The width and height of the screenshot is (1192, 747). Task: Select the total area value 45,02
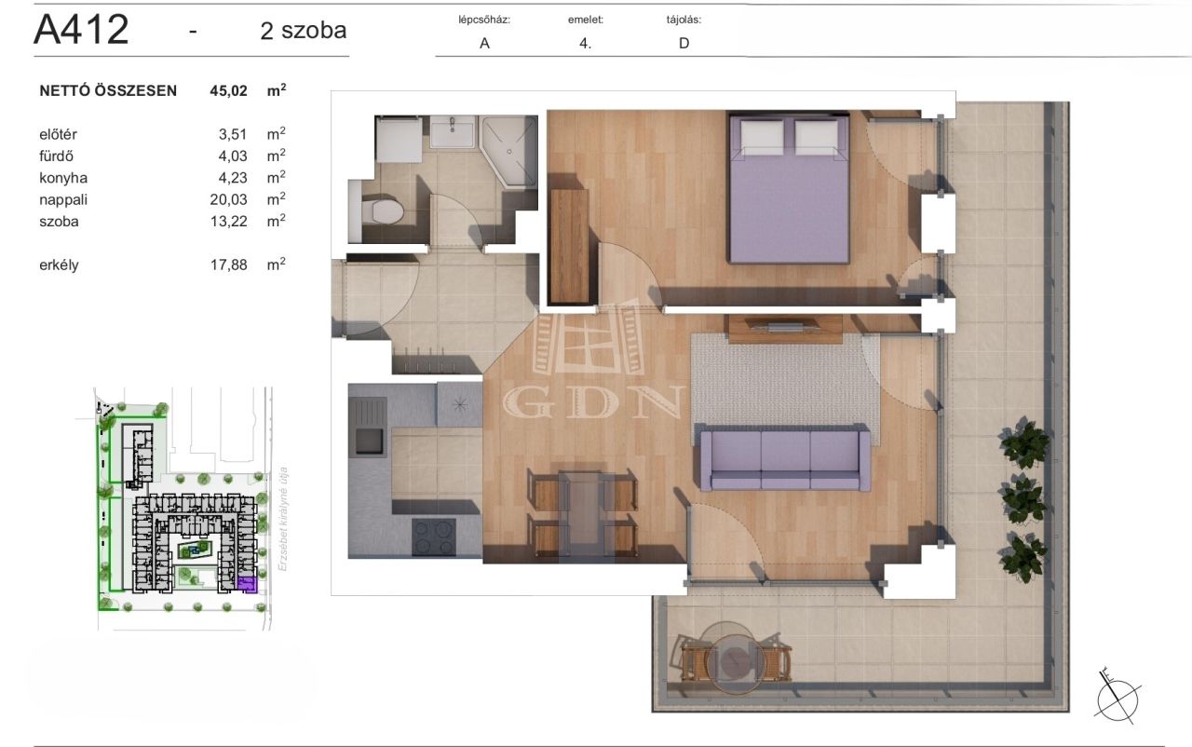coord(228,91)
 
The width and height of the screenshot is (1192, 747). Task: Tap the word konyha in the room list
coord(63,178)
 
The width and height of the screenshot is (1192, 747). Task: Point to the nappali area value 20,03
coord(228,199)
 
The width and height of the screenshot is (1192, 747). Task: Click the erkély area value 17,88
coord(228,265)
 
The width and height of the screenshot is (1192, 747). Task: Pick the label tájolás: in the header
coord(684,20)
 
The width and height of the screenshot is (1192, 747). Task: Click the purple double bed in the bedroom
coord(789,188)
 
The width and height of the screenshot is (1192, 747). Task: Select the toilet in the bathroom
coord(382,211)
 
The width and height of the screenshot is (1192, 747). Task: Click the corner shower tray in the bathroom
coord(509,151)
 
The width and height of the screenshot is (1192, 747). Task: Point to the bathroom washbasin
coord(453,131)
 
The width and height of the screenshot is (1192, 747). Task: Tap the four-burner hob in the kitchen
coord(434,536)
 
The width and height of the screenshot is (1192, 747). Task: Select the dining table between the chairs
coord(583,516)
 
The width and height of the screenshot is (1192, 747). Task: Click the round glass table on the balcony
coord(735,658)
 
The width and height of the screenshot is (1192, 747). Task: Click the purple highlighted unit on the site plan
coord(248,584)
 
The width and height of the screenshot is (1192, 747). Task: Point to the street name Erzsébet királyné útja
coord(283,520)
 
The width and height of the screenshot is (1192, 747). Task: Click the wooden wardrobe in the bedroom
coord(570,246)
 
